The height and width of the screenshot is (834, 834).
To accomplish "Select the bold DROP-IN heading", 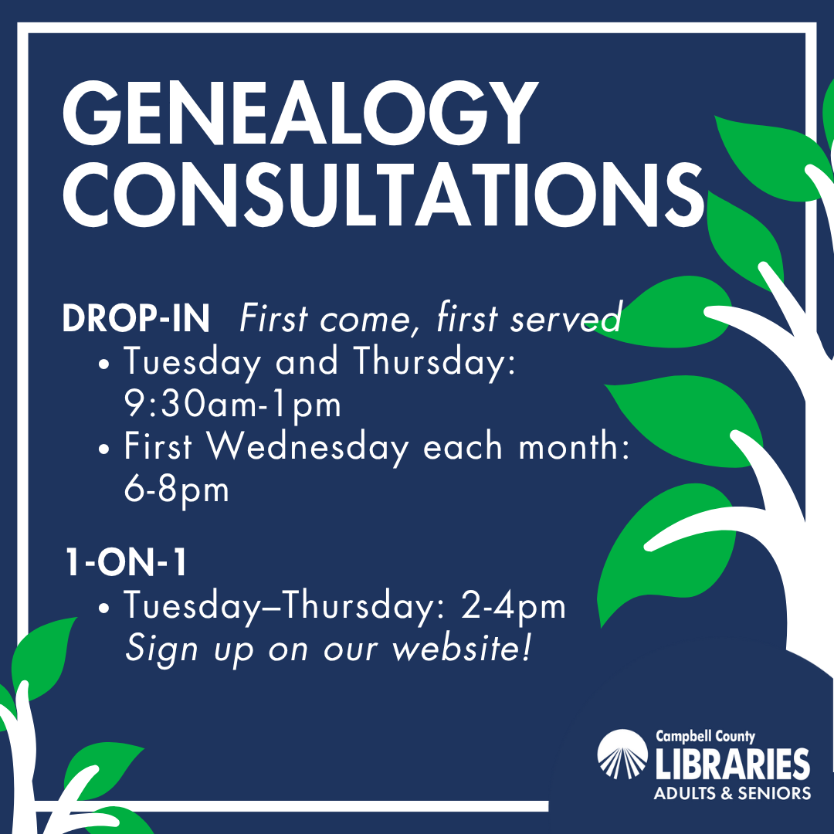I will coord(136,320).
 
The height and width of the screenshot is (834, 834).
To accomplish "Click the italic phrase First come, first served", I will coord(430,320).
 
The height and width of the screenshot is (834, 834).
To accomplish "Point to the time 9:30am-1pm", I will coord(232,404).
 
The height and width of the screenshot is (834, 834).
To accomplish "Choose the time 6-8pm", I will coord(177,490).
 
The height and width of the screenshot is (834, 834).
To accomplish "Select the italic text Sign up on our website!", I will coord(328,649).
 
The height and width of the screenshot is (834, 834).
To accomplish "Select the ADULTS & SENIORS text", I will coord(732,793).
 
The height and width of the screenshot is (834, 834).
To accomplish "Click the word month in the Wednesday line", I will coord(571,448).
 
